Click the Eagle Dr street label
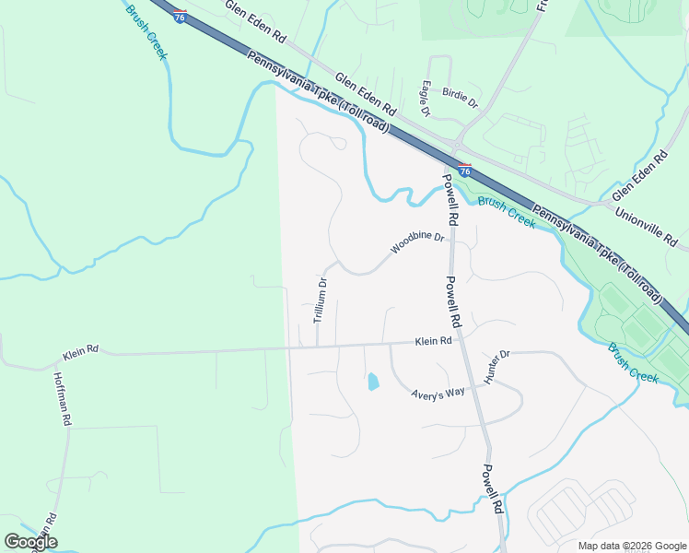426,99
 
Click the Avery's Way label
438,394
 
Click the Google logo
29,542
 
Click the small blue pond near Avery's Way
373,381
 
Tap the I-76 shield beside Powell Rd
465,171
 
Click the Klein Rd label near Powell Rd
433,341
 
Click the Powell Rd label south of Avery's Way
491,488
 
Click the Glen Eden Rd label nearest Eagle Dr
365,94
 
